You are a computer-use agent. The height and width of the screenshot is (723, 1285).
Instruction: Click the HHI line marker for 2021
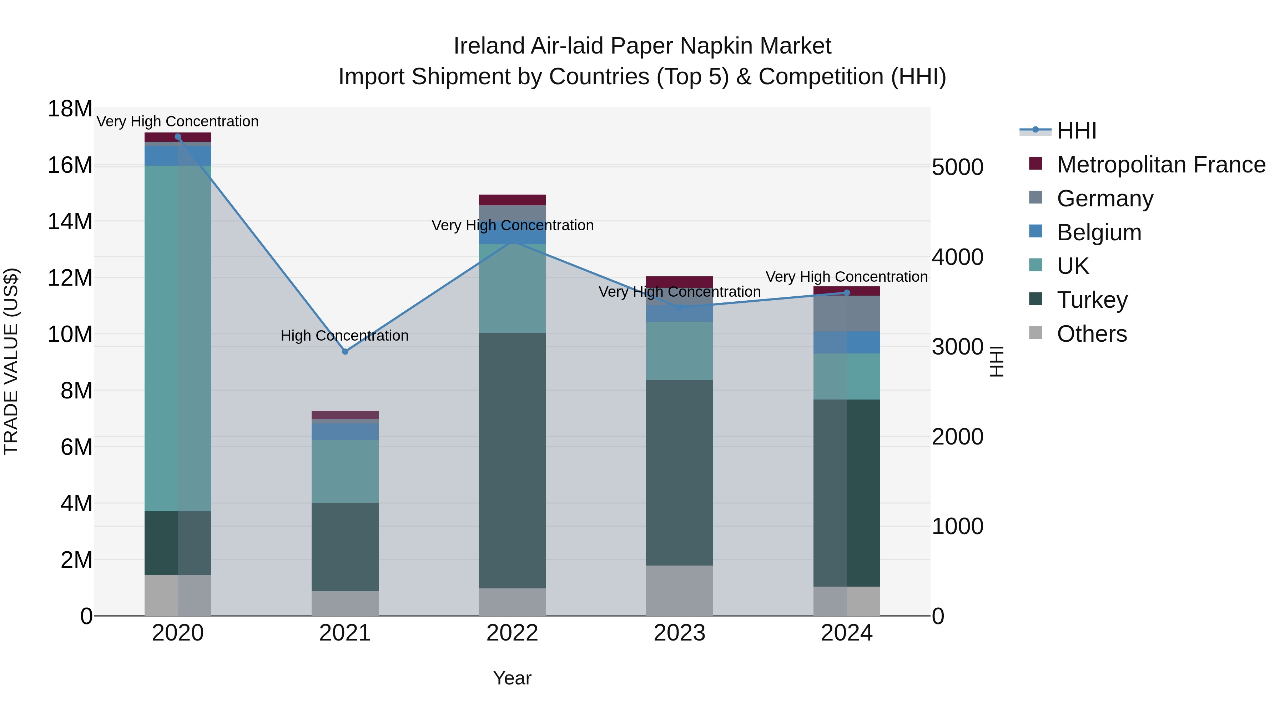coord(345,352)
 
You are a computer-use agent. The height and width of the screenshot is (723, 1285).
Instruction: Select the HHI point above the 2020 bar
coord(178,137)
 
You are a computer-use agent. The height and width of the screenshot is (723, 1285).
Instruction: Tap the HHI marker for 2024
coord(847,293)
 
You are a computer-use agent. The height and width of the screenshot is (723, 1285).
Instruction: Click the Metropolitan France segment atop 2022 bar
coord(512,200)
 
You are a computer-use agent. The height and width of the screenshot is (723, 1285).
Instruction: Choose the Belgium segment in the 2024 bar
coord(847,342)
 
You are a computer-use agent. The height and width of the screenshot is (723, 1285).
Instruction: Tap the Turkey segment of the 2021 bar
coord(345,547)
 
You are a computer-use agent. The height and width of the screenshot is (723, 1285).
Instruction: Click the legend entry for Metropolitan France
coord(1161,165)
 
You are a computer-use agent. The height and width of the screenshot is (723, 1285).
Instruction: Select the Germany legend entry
coord(1105,199)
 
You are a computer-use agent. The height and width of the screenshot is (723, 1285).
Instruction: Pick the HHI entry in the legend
coord(1077,131)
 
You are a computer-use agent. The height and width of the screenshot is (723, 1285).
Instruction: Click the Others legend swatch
coord(1035,333)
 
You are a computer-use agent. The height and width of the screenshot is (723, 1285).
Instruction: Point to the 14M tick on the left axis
coord(70,221)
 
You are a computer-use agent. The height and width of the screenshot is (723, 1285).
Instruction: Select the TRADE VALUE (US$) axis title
coord(11,361)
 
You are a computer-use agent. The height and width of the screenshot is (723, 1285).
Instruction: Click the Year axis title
coord(512,678)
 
